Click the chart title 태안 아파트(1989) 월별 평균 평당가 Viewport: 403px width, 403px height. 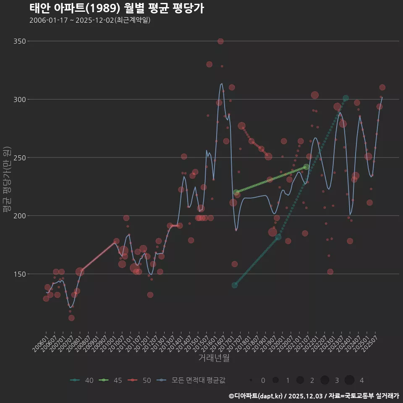[x=117, y=8]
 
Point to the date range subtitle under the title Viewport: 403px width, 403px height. [x=90, y=20]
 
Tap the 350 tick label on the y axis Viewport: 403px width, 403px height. [x=19, y=41]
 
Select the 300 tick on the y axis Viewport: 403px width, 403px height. [x=19, y=99]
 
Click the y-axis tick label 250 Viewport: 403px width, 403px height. [x=19, y=158]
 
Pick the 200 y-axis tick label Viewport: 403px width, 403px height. [x=19, y=216]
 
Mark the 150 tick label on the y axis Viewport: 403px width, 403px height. [x=19, y=274]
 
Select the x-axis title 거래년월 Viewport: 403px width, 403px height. [x=214, y=358]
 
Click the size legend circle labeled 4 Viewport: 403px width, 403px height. [x=350, y=380]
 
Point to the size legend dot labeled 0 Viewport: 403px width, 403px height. [x=251, y=380]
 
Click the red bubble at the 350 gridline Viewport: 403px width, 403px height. [x=220, y=41]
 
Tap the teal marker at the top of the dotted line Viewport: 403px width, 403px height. [x=345, y=98]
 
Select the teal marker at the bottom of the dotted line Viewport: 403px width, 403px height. [x=235, y=285]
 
